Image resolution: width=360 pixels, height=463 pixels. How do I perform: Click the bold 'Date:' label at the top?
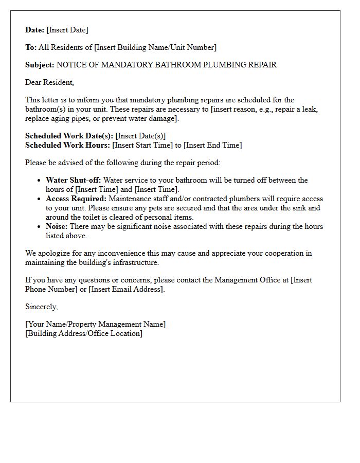[35, 30]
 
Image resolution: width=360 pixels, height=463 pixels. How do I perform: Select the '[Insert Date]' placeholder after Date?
[67, 30]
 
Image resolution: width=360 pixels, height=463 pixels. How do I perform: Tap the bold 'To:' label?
[31, 47]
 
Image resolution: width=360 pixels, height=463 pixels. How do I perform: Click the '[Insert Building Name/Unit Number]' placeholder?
[155, 47]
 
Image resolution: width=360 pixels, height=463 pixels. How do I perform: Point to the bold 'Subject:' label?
[40, 65]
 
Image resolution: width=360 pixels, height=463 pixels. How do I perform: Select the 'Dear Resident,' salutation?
[49, 82]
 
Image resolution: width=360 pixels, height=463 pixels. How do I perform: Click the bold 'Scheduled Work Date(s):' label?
[69, 136]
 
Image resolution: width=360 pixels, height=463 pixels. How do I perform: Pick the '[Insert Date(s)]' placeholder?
[140, 136]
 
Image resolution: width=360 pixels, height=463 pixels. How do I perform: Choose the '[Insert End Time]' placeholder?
[212, 145]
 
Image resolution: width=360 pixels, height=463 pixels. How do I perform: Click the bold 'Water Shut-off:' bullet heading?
[73, 180]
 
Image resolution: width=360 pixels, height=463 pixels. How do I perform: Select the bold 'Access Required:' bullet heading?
[76, 199]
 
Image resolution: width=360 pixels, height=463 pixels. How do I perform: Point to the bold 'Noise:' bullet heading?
[57, 226]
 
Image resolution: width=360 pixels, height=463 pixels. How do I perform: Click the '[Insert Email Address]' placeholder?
[126, 289]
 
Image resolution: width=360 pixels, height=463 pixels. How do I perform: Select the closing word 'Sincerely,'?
[42, 307]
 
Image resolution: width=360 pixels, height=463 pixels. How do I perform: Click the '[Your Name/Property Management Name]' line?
[96, 324]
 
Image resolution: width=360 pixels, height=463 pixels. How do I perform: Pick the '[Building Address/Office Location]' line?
[84, 333]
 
